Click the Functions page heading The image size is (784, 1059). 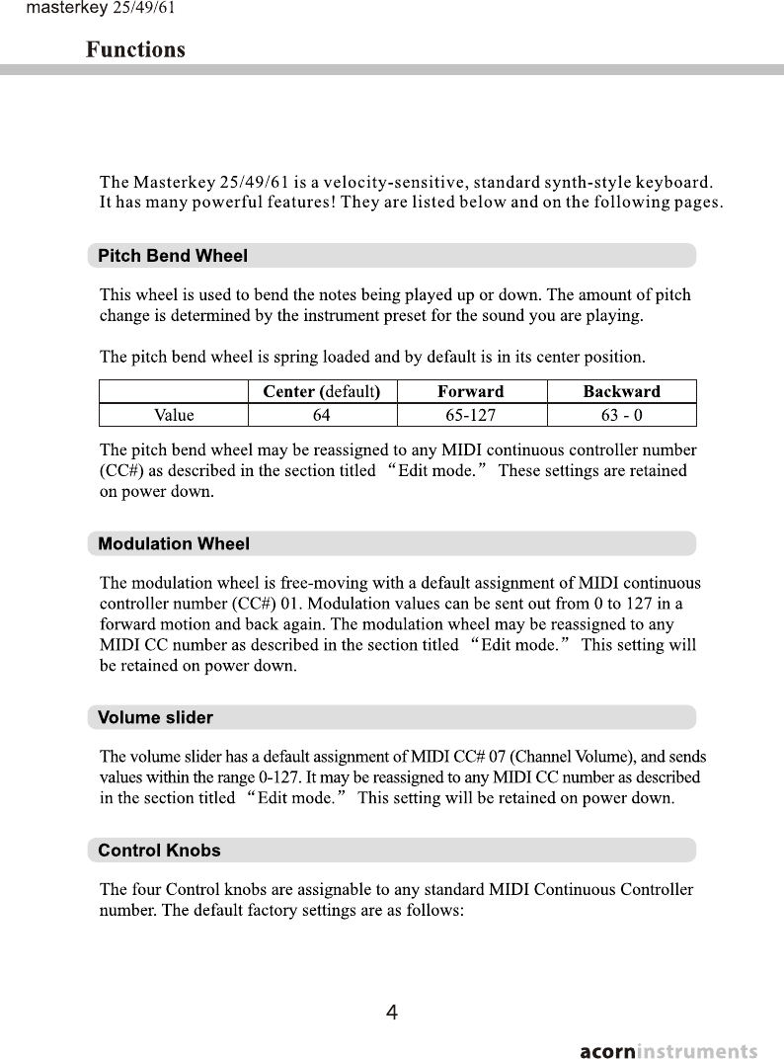[x=135, y=49]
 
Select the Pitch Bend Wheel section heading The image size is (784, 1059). [x=173, y=256]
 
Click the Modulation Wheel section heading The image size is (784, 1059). [x=174, y=544]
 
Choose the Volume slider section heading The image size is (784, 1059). [x=155, y=717]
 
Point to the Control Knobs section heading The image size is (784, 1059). [x=159, y=851]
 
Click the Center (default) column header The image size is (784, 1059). [x=322, y=391]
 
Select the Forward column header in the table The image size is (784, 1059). [x=471, y=391]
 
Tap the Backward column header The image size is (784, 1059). [x=621, y=391]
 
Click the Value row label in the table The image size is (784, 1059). [x=174, y=415]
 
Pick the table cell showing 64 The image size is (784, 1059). [x=322, y=415]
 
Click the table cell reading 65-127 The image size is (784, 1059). [x=471, y=415]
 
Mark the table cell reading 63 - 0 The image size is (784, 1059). [x=621, y=415]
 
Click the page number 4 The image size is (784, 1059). [x=392, y=1013]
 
